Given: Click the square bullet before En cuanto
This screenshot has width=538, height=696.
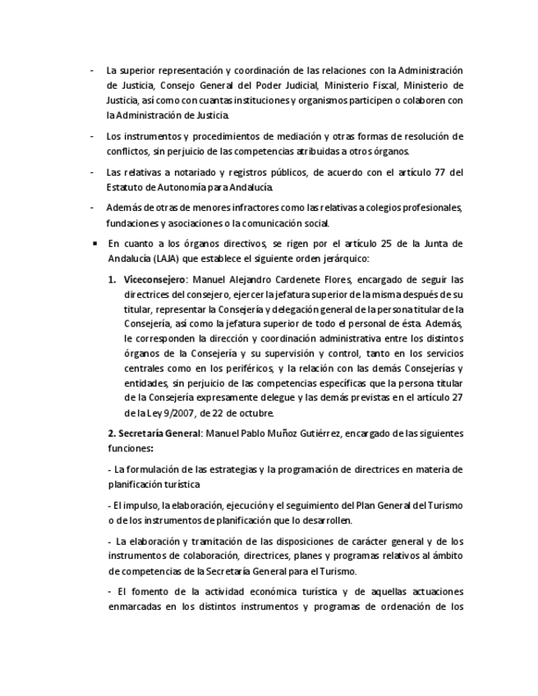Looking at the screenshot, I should pos(95,244).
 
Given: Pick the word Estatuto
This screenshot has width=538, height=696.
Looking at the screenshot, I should pos(127,187).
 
